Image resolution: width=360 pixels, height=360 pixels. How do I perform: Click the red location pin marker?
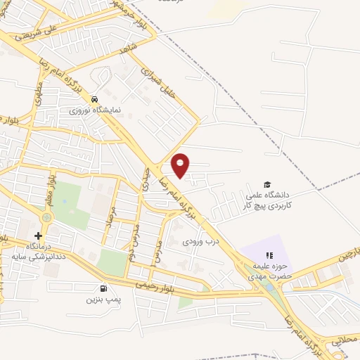181,165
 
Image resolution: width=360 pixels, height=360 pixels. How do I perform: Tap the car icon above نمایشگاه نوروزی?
94,99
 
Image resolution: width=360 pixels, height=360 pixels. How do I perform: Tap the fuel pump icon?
104,288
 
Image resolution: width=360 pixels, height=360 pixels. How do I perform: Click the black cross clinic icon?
38,235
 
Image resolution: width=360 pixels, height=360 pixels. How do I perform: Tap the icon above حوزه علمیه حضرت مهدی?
268,256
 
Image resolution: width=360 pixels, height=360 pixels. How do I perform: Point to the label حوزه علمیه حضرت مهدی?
268,271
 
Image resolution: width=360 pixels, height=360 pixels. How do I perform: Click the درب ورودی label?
196,241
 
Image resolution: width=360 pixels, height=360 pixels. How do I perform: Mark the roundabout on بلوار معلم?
46,218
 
